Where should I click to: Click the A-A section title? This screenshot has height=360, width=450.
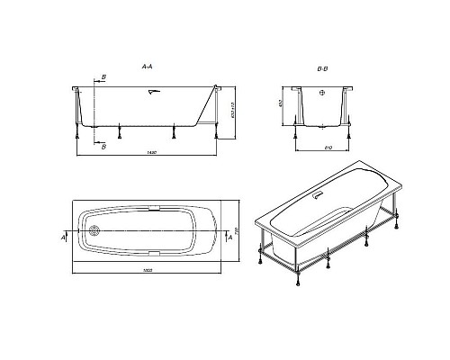click(148, 67)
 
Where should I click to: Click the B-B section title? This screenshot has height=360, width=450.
click(322, 67)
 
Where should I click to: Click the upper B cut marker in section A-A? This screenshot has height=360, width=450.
click(103, 78)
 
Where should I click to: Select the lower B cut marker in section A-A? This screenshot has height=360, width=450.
click(103, 146)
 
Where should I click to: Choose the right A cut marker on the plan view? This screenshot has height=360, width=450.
click(231, 237)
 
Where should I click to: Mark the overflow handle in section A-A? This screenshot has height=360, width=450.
click(153, 91)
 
